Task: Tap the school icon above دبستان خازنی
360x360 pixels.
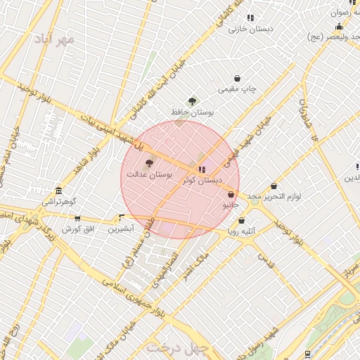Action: [x=251, y=18]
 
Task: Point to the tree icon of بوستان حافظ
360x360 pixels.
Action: [x=192, y=101]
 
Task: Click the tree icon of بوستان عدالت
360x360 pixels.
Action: [x=148, y=162]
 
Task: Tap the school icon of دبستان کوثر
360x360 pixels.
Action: [x=202, y=169]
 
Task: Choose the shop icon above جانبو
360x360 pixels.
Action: [x=231, y=195]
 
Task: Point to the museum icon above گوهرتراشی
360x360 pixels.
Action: [x=58, y=191]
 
